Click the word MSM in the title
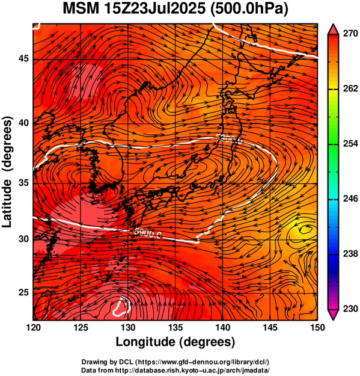pos(81,8)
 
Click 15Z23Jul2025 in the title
pos(154,8)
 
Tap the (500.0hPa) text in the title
pos(249,9)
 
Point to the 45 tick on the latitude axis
pos(23,59)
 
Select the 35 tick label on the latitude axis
pos(23,183)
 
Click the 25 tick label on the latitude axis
pos(23,293)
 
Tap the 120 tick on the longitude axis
pos(33,327)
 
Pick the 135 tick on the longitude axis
pos(175,327)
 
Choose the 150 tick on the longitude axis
pos(317,327)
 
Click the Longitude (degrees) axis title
pos(175,342)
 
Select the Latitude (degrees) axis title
pos(7,172)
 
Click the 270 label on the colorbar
pos(350,34)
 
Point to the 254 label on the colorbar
pos(350,144)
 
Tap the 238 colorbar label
pos(350,253)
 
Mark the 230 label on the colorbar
pos(350,309)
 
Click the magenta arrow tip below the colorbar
pos(333,319)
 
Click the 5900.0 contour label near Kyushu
pos(148,233)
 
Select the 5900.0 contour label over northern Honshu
pos(229,139)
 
